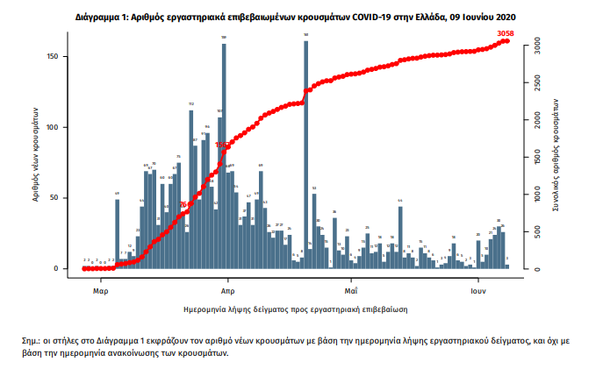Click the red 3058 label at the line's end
505,33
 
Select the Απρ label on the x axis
226,288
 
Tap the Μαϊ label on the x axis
350,288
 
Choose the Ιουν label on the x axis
477,288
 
